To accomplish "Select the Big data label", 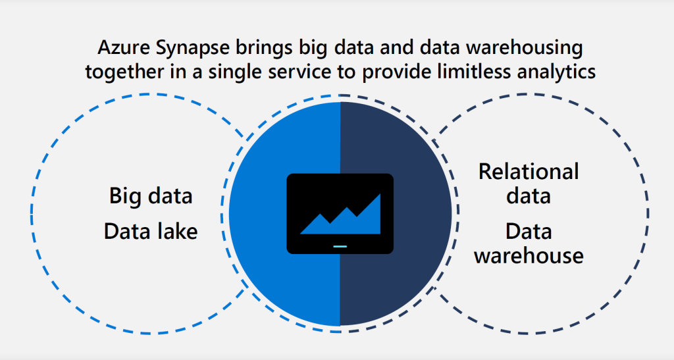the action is [x=151, y=197].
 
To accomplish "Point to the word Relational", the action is [x=529, y=172].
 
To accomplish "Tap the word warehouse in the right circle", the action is [x=529, y=255].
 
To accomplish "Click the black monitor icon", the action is [x=340, y=213].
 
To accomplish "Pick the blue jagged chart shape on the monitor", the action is [x=340, y=219].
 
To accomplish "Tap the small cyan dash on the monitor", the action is [x=340, y=247].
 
